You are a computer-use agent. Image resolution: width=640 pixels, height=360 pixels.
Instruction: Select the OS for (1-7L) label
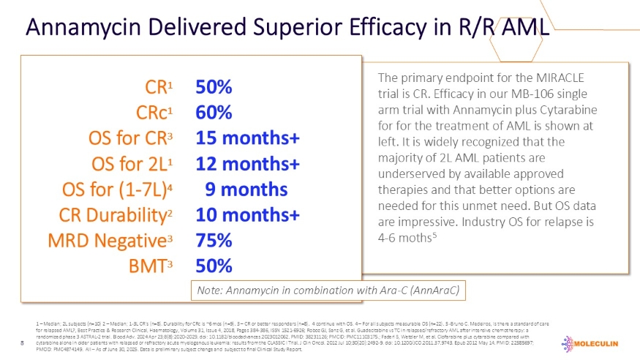(x=119, y=189)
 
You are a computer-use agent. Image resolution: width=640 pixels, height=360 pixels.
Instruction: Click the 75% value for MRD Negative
(x=214, y=241)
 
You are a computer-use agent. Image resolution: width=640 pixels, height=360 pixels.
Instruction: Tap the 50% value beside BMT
(x=214, y=266)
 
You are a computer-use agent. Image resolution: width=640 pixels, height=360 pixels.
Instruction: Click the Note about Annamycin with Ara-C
(x=327, y=290)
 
